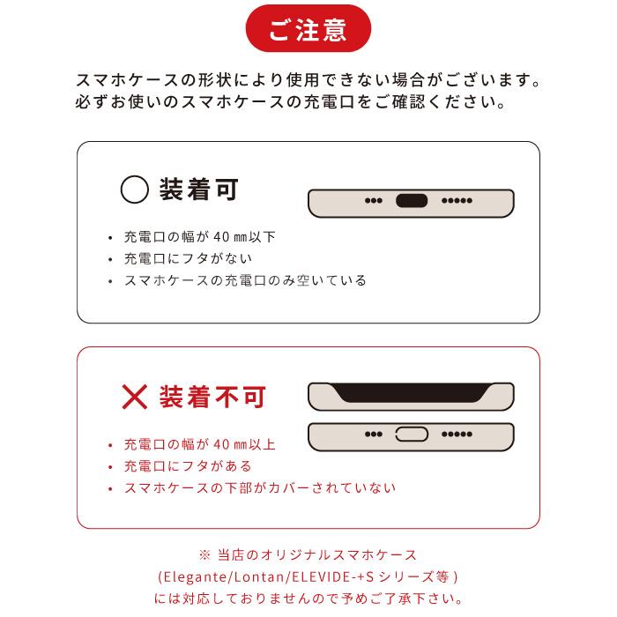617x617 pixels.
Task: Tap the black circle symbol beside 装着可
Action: (134, 190)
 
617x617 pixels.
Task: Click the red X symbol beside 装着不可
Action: (134, 397)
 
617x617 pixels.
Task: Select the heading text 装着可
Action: (199, 190)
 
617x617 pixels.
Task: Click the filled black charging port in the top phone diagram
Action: (411, 200)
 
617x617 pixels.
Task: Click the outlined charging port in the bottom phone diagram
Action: (411, 434)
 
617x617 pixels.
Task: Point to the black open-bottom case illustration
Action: (411, 396)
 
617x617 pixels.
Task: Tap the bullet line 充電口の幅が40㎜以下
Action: (200, 237)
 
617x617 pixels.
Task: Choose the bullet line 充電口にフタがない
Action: (188, 259)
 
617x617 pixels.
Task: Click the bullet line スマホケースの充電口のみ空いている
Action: (245, 281)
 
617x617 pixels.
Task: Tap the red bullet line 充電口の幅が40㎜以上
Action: (200, 444)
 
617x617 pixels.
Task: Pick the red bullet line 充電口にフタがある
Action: (188, 466)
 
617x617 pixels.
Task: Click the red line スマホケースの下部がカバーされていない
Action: (260, 488)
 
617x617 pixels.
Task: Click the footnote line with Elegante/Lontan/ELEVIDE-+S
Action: (308, 577)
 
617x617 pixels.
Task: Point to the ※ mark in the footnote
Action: (204, 555)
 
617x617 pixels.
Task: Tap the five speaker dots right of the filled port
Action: (457, 201)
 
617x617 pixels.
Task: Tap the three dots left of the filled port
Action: (373, 201)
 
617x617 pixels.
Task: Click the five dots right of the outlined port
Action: (457, 435)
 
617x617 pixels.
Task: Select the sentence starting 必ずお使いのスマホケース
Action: (290, 102)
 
